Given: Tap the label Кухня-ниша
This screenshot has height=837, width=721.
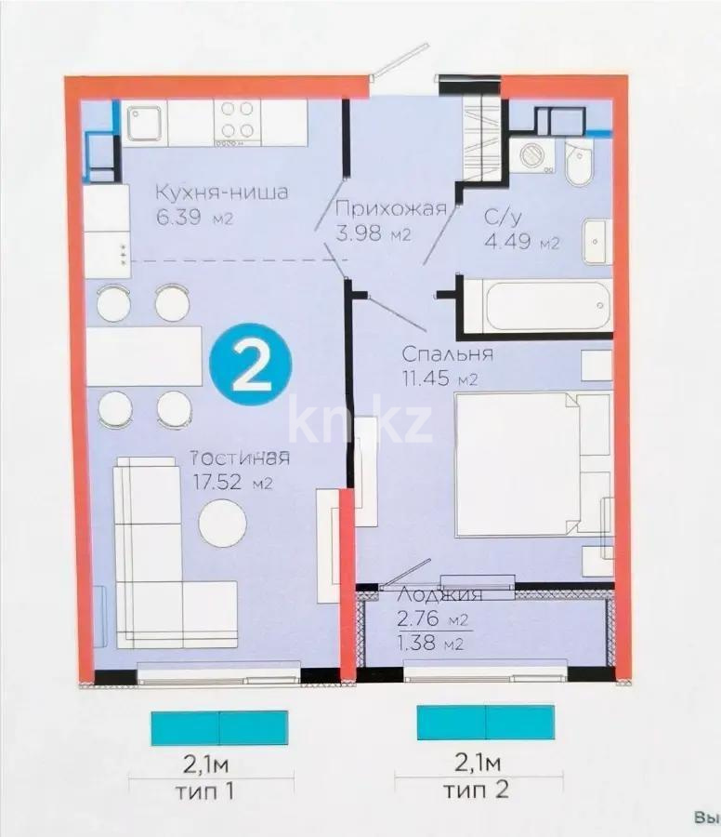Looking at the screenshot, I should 221,193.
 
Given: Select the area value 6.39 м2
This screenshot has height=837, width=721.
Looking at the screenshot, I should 193,219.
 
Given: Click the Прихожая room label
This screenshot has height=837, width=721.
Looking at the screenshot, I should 392,209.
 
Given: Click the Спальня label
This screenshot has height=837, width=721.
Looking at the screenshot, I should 446,353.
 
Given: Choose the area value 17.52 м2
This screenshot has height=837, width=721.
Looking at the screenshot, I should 230,483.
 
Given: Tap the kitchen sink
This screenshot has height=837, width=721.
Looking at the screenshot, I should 145,122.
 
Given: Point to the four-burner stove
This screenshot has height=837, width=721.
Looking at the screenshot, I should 236,122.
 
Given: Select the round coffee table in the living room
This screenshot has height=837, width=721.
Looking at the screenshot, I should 223,523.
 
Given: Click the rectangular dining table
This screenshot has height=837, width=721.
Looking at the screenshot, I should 144,356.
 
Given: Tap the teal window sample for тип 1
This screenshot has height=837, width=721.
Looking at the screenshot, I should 219,727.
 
